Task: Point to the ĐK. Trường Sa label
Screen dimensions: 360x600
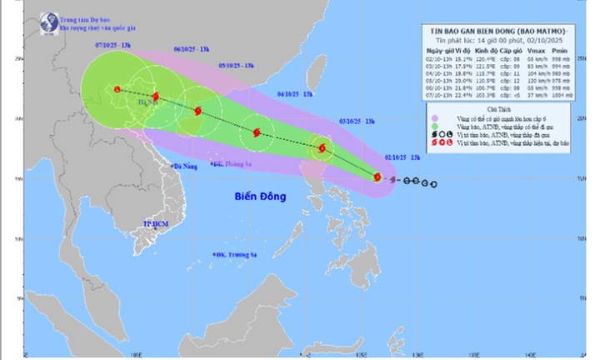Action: pyautogui.click(x=236, y=255)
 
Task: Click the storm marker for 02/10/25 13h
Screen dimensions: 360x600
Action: pyautogui.click(x=377, y=177)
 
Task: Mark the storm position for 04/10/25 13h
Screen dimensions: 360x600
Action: pyautogui.click(x=257, y=132)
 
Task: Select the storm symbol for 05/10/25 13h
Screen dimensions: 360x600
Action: pyautogui.click(x=197, y=111)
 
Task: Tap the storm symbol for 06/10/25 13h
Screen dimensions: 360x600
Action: pyautogui.click(x=156, y=97)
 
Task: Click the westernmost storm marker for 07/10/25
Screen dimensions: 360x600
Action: pyautogui.click(x=117, y=89)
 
